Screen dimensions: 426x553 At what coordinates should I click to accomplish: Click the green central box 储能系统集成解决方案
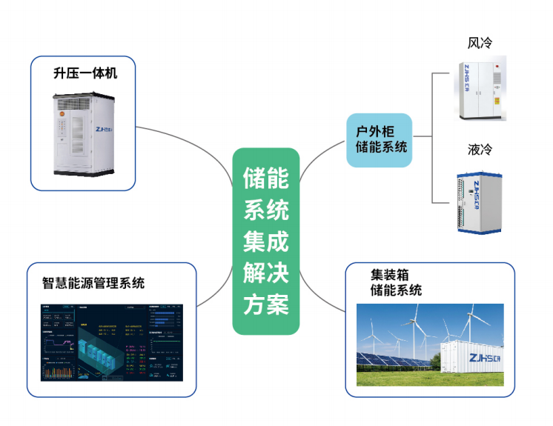(x=266, y=241)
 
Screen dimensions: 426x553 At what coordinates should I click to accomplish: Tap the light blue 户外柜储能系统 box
(x=379, y=139)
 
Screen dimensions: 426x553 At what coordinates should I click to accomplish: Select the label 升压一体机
(x=85, y=73)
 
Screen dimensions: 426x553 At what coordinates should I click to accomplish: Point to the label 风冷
(x=480, y=43)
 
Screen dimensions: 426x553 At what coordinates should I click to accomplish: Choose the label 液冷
(x=480, y=150)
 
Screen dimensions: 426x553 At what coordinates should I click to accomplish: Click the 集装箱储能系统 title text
(x=396, y=282)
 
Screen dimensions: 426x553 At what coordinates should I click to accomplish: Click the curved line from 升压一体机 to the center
(x=185, y=141)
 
